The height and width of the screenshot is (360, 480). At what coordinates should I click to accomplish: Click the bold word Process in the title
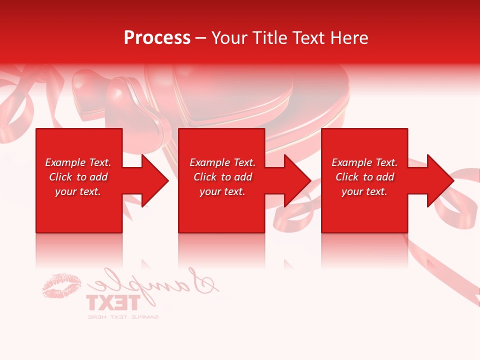pyautogui.click(x=157, y=38)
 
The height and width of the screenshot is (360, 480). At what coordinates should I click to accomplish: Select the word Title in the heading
pyautogui.click(x=269, y=38)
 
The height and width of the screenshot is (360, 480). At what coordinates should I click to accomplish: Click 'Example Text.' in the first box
pyautogui.click(x=78, y=162)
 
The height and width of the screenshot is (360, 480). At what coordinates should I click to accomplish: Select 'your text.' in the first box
pyautogui.click(x=78, y=191)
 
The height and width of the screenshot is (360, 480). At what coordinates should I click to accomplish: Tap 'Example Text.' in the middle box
pyautogui.click(x=222, y=162)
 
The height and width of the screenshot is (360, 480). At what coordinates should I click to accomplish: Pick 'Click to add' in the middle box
pyautogui.click(x=222, y=177)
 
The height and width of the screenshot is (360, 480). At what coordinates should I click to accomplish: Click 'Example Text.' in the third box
pyautogui.click(x=364, y=162)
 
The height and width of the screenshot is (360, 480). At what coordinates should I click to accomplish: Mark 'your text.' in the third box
pyautogui.click(x=364, y=191)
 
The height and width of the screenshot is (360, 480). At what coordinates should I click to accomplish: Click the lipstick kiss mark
pyautogui.click(x=62, y=285)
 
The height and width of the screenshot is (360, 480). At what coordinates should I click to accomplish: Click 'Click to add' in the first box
pyautogui.click(x=78, y=177)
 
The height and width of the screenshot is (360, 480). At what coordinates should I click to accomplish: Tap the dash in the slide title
pyautogui.click(x=201, y=38)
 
